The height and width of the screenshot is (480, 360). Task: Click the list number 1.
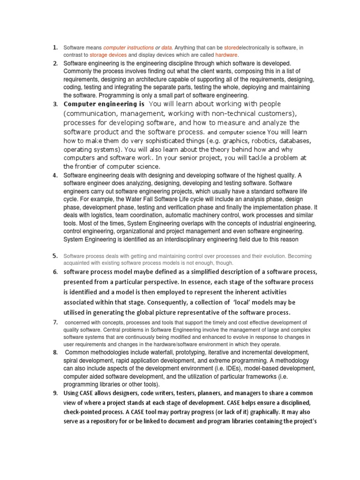tap(55, 47)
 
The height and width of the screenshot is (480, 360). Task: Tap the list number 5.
tap(55, 255)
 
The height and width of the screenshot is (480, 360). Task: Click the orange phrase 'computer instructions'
tap(128, 48)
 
